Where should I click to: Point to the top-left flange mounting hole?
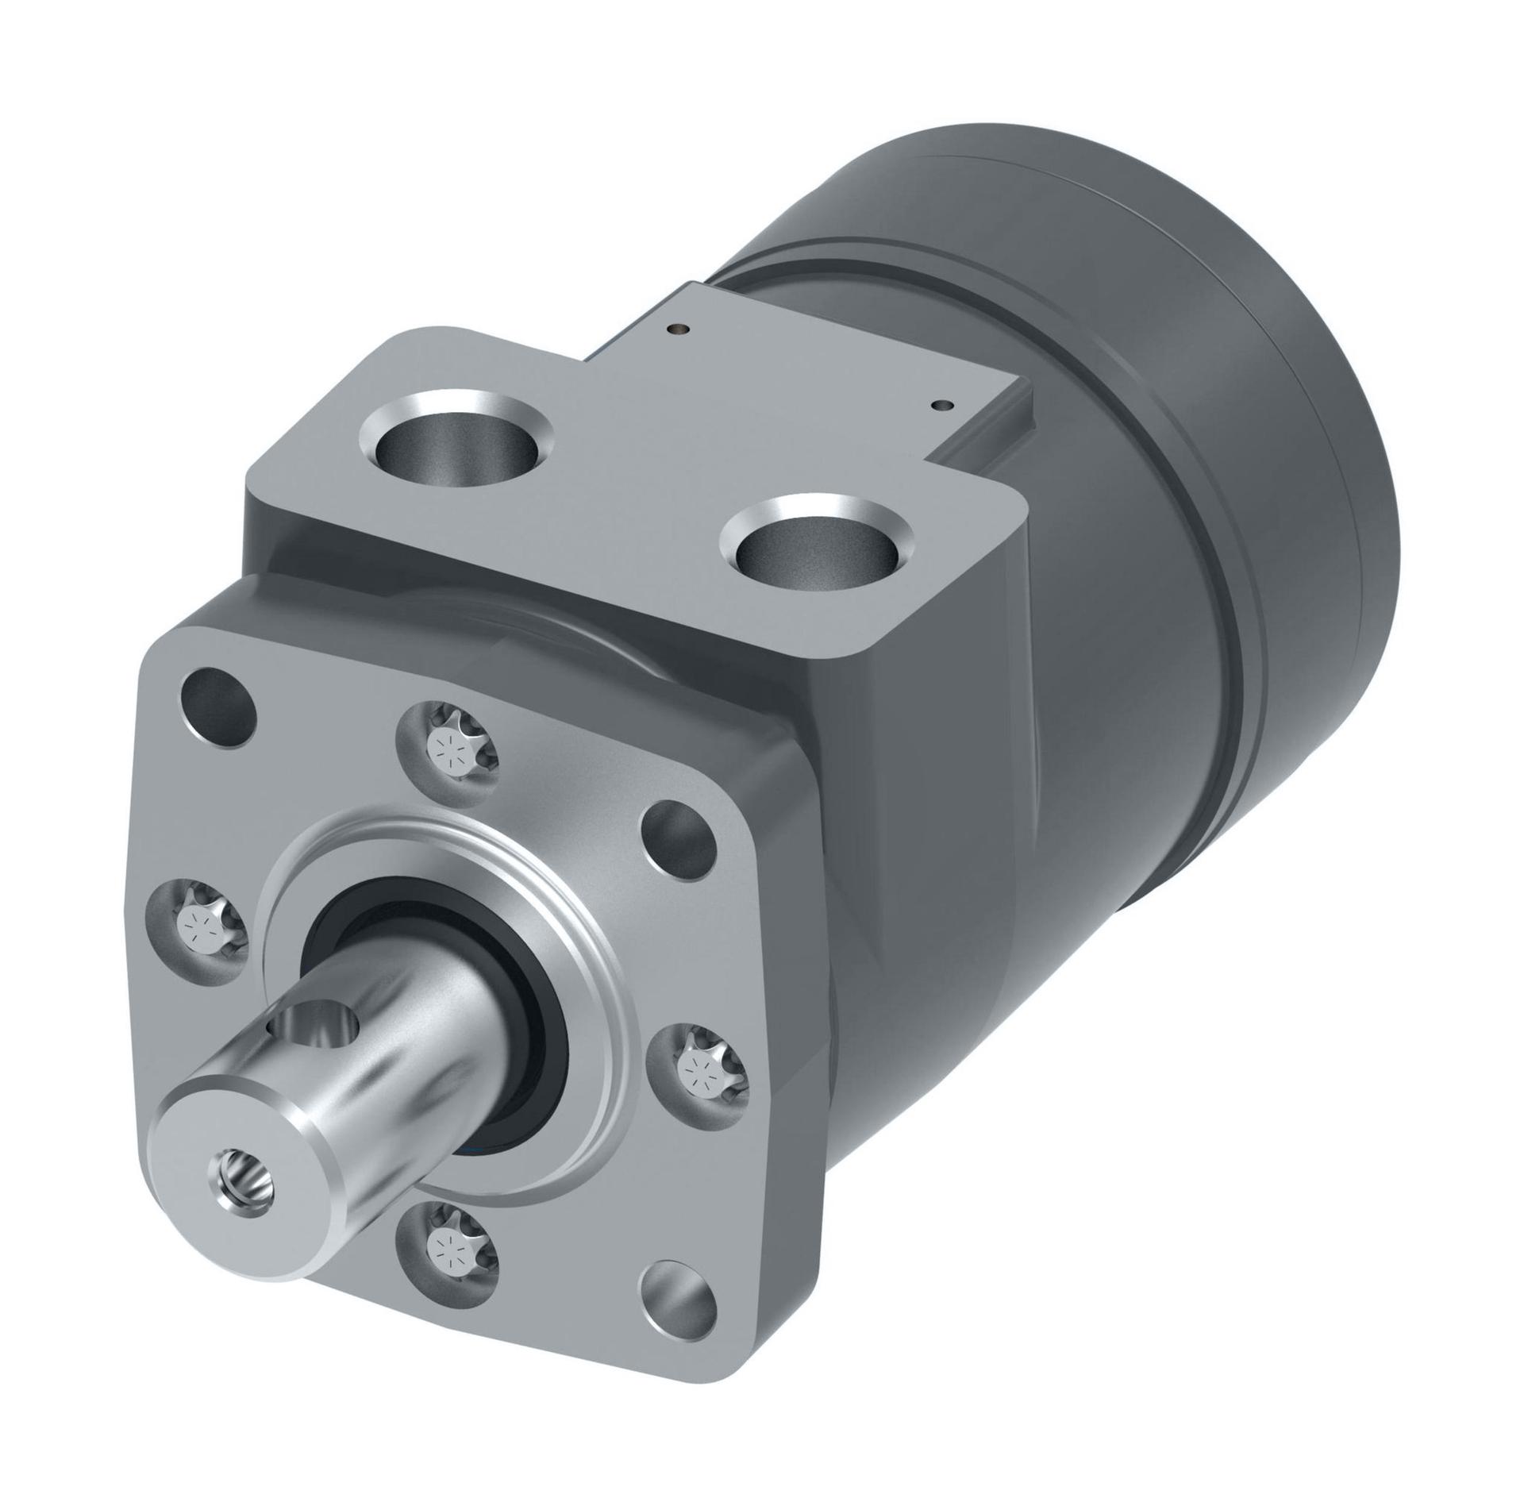pyautogui.click(x=219, y=699)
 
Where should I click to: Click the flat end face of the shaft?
pyautogui.click(x=238, y=1151)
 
